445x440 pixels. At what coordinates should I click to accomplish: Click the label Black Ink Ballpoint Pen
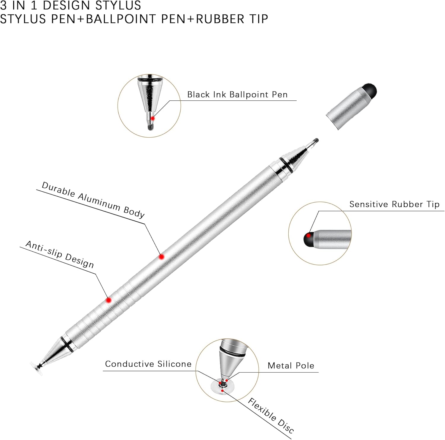tap(237, 94)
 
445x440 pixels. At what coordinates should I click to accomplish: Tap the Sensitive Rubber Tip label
tap(394, 204)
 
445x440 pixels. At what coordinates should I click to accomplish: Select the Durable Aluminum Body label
tap(93, 200)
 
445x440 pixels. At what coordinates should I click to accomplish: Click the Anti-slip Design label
tap(60, 254)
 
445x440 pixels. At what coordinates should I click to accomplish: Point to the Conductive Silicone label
tap(148, 364)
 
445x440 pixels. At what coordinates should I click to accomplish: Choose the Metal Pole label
tap(291, 365)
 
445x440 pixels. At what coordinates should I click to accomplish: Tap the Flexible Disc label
tap(271, 415)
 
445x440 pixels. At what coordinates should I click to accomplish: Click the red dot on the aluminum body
tap(161, 256)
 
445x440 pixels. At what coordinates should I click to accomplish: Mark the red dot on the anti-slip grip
tap(109, 300)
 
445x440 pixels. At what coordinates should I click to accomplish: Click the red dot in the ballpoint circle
tap(152, 118)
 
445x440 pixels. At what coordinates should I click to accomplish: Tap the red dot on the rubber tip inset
tap(309, 236)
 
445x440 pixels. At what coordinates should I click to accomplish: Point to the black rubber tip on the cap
tap(370, 90)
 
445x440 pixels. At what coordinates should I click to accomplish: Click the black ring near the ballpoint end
tap(285, 165)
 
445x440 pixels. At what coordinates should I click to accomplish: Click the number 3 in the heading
tap(3, 5)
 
